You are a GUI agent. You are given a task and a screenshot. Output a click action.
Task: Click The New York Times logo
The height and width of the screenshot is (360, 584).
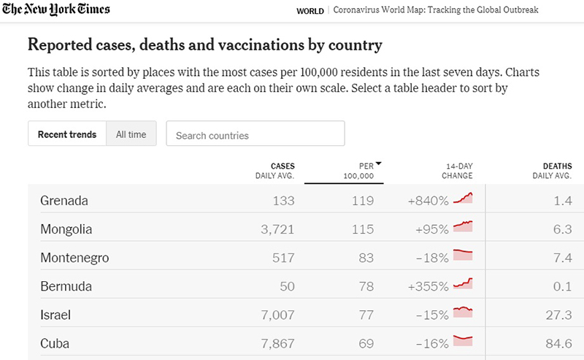(x=56, y=9)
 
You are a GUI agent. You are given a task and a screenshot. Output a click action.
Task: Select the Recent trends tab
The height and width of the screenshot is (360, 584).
(x=67, y=134)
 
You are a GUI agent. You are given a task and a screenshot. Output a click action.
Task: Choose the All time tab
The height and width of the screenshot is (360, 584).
(x=131, y=134)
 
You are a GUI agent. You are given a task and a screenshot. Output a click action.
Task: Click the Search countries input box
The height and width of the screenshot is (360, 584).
(x=255, y=134)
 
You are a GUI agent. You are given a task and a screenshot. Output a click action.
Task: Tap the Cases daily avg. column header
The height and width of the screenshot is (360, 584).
(x=274, y=171)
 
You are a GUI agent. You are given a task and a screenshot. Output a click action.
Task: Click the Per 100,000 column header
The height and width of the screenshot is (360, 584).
(x=359, y=171)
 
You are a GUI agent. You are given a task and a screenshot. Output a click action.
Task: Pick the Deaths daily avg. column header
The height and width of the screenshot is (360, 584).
(x=552, y=171)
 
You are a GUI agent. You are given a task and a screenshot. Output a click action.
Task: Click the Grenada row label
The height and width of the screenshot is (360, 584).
(x=64, y=201)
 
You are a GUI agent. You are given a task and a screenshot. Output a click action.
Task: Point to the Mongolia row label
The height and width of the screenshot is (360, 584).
(x=66, y=229)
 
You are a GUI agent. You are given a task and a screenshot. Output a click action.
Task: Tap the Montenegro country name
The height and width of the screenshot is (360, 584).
(x=74, y=258)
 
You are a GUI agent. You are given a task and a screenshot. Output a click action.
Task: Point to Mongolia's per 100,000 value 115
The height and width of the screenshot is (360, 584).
(x=363, y=229)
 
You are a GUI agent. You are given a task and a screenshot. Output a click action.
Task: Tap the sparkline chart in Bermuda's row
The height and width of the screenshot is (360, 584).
(x=463, y=284)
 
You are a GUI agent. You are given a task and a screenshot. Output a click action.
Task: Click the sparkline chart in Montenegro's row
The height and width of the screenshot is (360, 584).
(x=463, y=256)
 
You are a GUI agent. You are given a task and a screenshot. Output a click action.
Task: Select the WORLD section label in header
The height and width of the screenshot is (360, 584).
(x=311, y=10)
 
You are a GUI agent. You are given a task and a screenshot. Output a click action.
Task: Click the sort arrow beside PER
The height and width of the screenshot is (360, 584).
(x=379, y=164)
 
